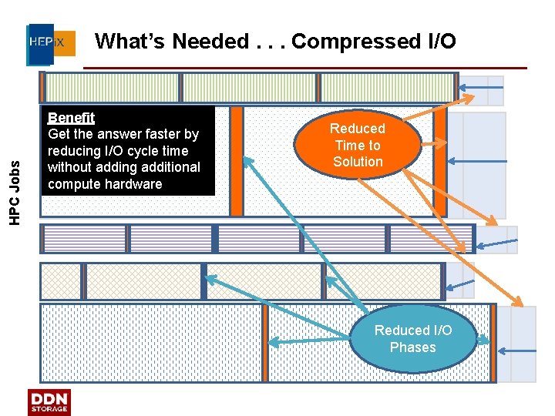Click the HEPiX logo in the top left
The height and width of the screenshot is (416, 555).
pos(51,43)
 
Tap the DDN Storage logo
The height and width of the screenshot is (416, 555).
pos(49,402)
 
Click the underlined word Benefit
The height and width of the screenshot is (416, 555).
pos(71,118)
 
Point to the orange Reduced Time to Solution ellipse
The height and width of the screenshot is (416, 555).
pos(358,144)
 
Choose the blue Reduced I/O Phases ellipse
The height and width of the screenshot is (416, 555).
pos(412,338)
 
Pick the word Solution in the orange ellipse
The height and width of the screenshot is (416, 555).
pos(358,162)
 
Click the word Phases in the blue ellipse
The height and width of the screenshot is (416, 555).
pos(412,347)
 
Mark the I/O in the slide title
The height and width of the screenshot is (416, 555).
pos(435,41)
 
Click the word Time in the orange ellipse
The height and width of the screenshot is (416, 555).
pos(349,145)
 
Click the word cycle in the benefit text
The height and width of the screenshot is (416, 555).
pos(133,151)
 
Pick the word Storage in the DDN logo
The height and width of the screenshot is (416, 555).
pos(49,410)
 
